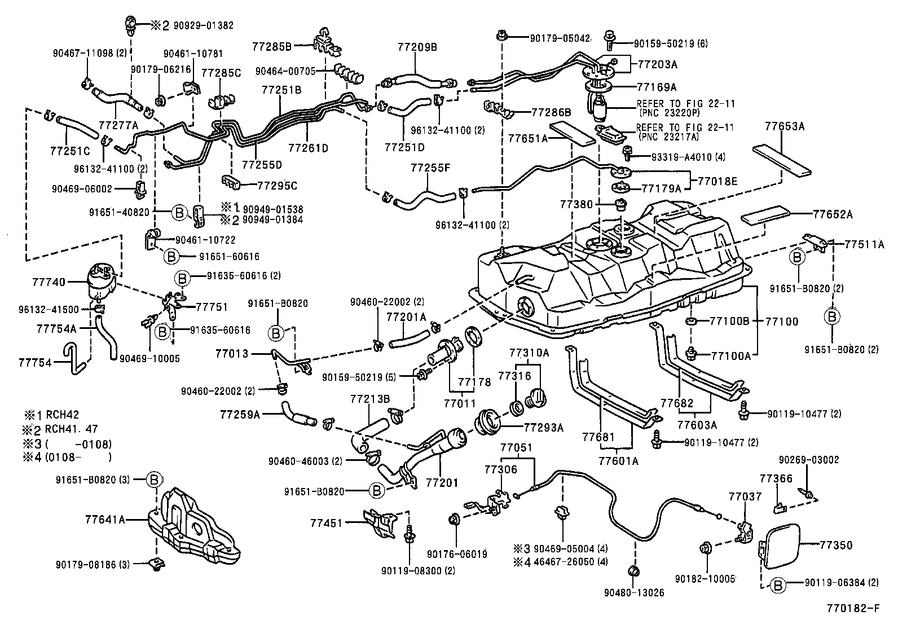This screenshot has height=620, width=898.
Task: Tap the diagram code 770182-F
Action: click(852, 609)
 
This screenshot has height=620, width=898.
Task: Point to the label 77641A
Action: click(105, 518)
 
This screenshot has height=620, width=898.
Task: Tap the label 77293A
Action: click(544, 428)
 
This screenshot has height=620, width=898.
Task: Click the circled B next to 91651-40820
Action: click(178, 213)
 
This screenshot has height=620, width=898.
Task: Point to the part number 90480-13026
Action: click(633, 593)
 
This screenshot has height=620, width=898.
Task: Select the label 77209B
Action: click(416, 47)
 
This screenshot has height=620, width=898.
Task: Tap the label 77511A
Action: click(864, 244)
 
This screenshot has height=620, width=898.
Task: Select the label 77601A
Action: click(618, 460)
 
